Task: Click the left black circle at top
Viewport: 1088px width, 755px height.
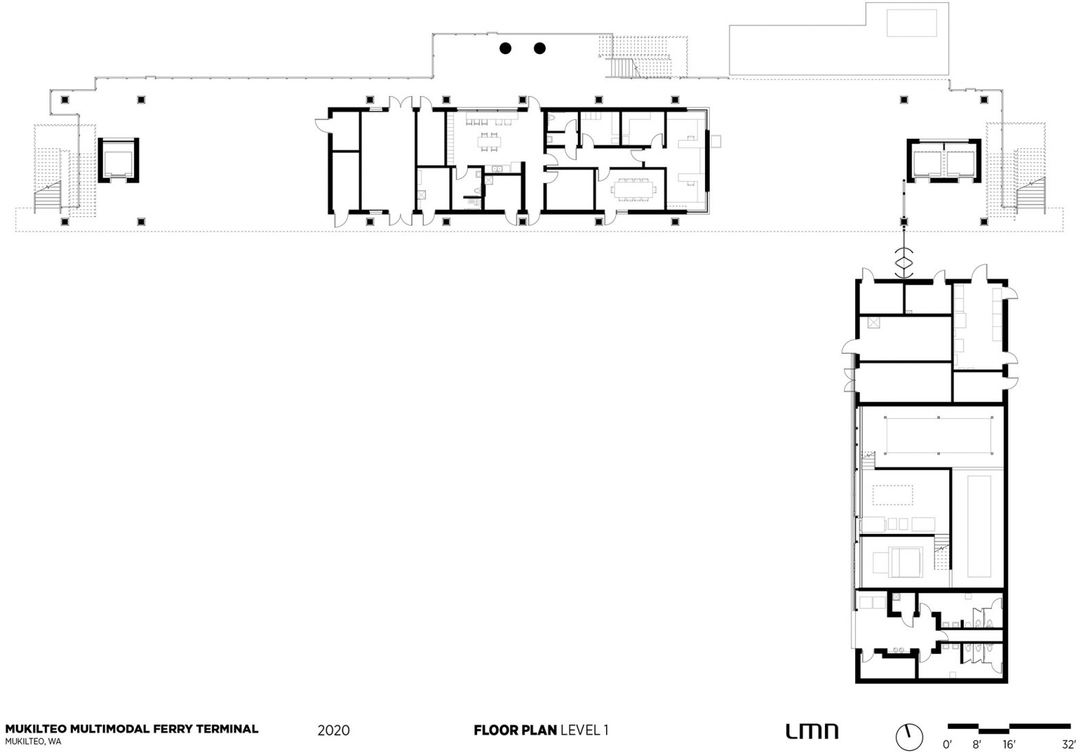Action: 505,48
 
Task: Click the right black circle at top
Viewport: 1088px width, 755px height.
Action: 540,48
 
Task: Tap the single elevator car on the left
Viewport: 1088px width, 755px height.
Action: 119,161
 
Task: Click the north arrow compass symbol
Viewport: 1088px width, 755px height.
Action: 910,736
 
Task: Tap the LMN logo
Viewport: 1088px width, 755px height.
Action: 811,732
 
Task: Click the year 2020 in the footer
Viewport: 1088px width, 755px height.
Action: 334,730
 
